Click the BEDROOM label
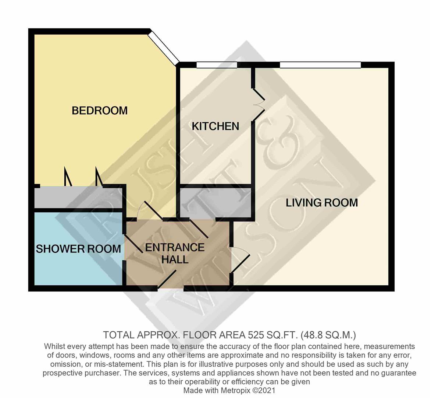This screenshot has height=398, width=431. coord(100,111)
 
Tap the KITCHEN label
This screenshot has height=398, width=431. coord(215,126)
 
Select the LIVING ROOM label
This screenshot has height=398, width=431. coord(322,203)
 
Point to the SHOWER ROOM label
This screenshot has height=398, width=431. coord(78,249)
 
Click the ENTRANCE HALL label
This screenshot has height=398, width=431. coord(175,254)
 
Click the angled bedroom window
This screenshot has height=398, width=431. coord(164,46)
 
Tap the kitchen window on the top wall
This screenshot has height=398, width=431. coord(217,65)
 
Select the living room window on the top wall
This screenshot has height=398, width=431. coord(320,65)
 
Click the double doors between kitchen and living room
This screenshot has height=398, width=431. coord(259,105)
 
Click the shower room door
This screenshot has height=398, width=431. coord(133,244)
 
